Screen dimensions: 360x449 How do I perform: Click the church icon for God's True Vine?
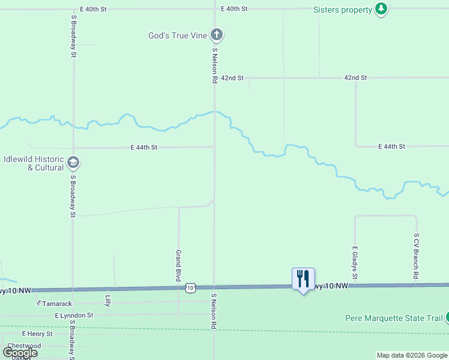[x=217, y=35]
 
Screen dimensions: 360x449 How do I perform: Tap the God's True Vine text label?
[x=178, y=35]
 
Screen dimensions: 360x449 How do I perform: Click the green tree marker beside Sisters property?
[x=381, y=8]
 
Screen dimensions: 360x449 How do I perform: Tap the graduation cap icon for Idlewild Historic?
[x=73, y=162]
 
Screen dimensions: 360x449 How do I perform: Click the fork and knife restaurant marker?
[x=303, y=278]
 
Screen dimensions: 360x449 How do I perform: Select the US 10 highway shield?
[x=190, y=288]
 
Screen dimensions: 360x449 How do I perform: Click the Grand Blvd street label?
[x=178, y=266]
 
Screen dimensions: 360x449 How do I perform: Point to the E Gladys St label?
[x=355, y=262]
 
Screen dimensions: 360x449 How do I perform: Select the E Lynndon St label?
[x=74, y=315]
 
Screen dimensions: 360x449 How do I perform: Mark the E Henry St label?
[x=37, y=334]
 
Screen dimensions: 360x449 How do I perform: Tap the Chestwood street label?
[x=24, y=346]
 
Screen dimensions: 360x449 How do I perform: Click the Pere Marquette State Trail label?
[x=394, y=318]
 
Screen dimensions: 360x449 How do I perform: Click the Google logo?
[x=20, y=353]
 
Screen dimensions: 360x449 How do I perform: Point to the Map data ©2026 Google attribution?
[x=412, y=355]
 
